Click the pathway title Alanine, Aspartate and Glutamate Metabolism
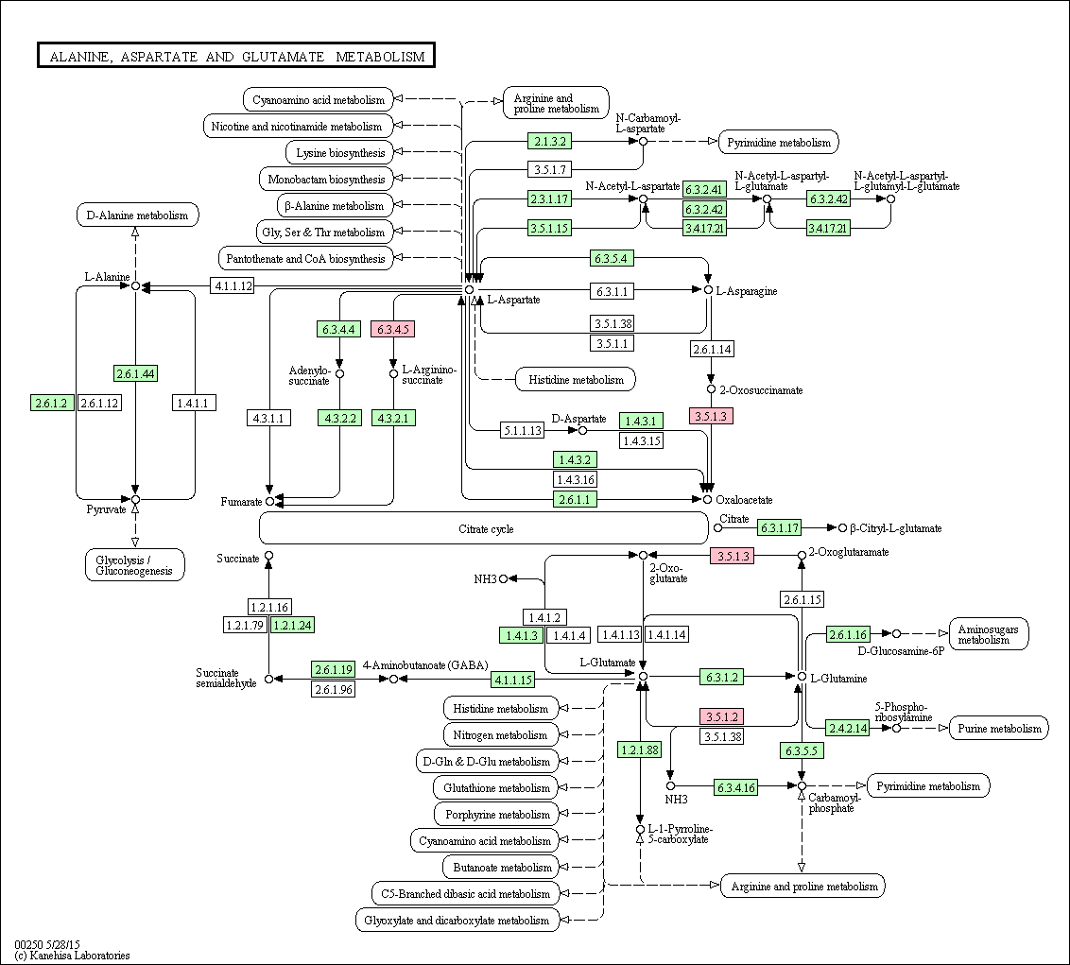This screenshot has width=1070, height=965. tap(236, 56)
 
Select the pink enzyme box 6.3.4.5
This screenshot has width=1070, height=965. tap(393, 329)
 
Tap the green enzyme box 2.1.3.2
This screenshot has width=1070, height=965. tap(549, 141)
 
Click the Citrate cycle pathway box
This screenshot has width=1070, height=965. tap(484, 528)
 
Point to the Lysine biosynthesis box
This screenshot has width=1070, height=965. tap(340, 152)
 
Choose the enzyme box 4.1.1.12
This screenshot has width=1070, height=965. tap(233, 286)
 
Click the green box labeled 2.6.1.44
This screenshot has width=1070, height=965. tap(135, 373)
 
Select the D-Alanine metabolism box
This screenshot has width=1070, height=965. tap(137, 215)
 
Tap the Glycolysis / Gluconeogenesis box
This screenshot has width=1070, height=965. tap(135, 565)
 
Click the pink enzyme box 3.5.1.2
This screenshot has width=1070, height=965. tap(721, 716)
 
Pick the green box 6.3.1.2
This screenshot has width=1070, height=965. tap(721, 677)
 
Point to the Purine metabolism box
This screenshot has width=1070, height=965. tap(999, 728)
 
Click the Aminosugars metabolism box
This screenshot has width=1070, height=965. tap(989, 634)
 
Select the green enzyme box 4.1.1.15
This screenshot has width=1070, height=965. tap(512, 680)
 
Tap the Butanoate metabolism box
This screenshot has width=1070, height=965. tap(502, 868)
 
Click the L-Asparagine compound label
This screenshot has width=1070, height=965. tap(747, 291)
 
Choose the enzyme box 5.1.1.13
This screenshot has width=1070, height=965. tap(522, 431)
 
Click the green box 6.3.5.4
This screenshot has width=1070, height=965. tap(613, 258)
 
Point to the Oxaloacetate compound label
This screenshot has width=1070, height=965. tap(744, 500)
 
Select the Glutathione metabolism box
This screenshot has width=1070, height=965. tap(496, 787)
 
